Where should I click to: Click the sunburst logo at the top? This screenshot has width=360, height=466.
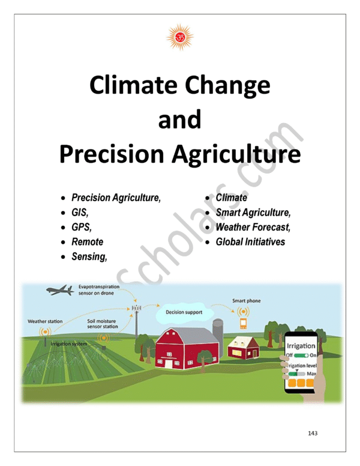coord(179,37)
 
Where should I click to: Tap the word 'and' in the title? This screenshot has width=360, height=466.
coord(179,120)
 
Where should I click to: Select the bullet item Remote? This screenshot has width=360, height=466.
coord(87,242)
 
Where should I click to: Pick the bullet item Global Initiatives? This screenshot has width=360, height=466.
coord(250,243)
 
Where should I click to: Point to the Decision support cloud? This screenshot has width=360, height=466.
coord(184,312)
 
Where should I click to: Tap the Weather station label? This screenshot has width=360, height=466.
coord(45,321)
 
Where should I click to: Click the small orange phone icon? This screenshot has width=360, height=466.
coord(244,324)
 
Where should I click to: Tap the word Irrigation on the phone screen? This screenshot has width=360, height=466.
coord(302,347)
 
